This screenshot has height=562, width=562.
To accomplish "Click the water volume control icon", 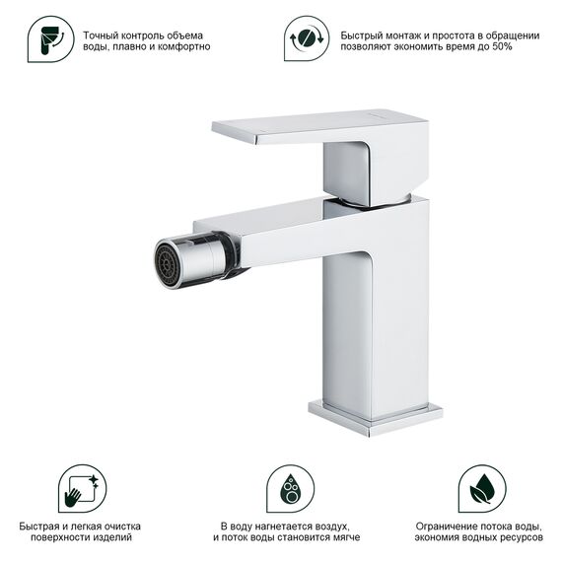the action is click(x=50, y=39).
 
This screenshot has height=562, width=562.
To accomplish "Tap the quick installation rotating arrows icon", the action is click(x=307, y=38).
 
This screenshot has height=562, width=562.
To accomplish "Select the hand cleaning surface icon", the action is click(x=82, y=488).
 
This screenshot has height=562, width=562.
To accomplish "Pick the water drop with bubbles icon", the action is click(x=290, y=488).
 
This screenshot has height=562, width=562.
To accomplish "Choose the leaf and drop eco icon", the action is click(x=482, y=488).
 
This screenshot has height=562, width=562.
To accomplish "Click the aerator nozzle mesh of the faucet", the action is click(x=167, y=264).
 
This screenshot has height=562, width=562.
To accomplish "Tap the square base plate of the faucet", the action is click(x=375, y=418).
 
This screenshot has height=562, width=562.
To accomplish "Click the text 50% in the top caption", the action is click(x=502, y=46).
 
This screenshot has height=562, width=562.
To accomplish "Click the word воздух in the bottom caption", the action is click(x=332, y=527).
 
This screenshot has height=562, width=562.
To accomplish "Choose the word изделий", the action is click(x=112, y=537).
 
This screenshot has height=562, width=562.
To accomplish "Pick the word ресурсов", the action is click(x=523, y=537).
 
